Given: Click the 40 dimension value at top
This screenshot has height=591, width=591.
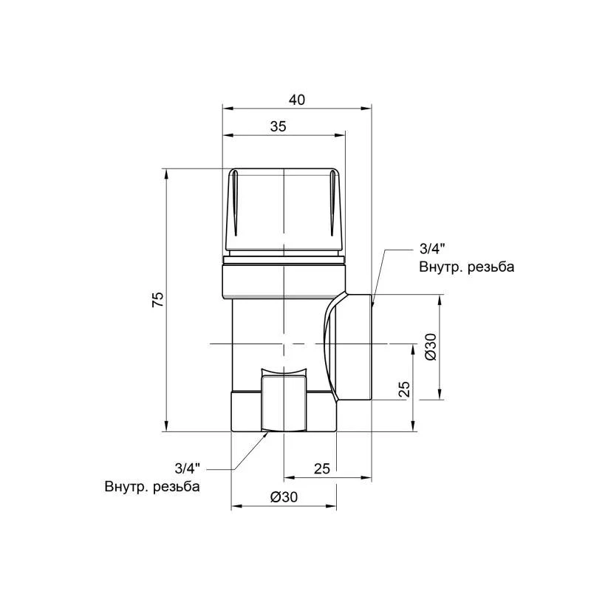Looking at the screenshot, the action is pos(297,100).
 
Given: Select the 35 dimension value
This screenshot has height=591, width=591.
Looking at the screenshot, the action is pos(279,126).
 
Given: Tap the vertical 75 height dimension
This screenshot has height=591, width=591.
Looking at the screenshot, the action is pos(158,299).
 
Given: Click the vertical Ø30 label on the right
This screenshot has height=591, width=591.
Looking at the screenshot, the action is pos(431,346).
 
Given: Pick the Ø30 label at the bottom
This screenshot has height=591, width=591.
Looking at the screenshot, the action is pos(284,497).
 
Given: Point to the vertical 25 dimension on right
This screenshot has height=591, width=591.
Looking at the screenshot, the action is pos(403,389).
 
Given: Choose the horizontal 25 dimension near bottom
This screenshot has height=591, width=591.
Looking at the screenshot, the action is pos(321,468).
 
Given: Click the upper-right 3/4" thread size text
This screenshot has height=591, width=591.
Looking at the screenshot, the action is pos(432,249).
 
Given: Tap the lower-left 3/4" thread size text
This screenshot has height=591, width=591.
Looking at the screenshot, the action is pos(188,468).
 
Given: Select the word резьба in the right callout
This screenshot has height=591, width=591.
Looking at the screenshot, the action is pos(491,267).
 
